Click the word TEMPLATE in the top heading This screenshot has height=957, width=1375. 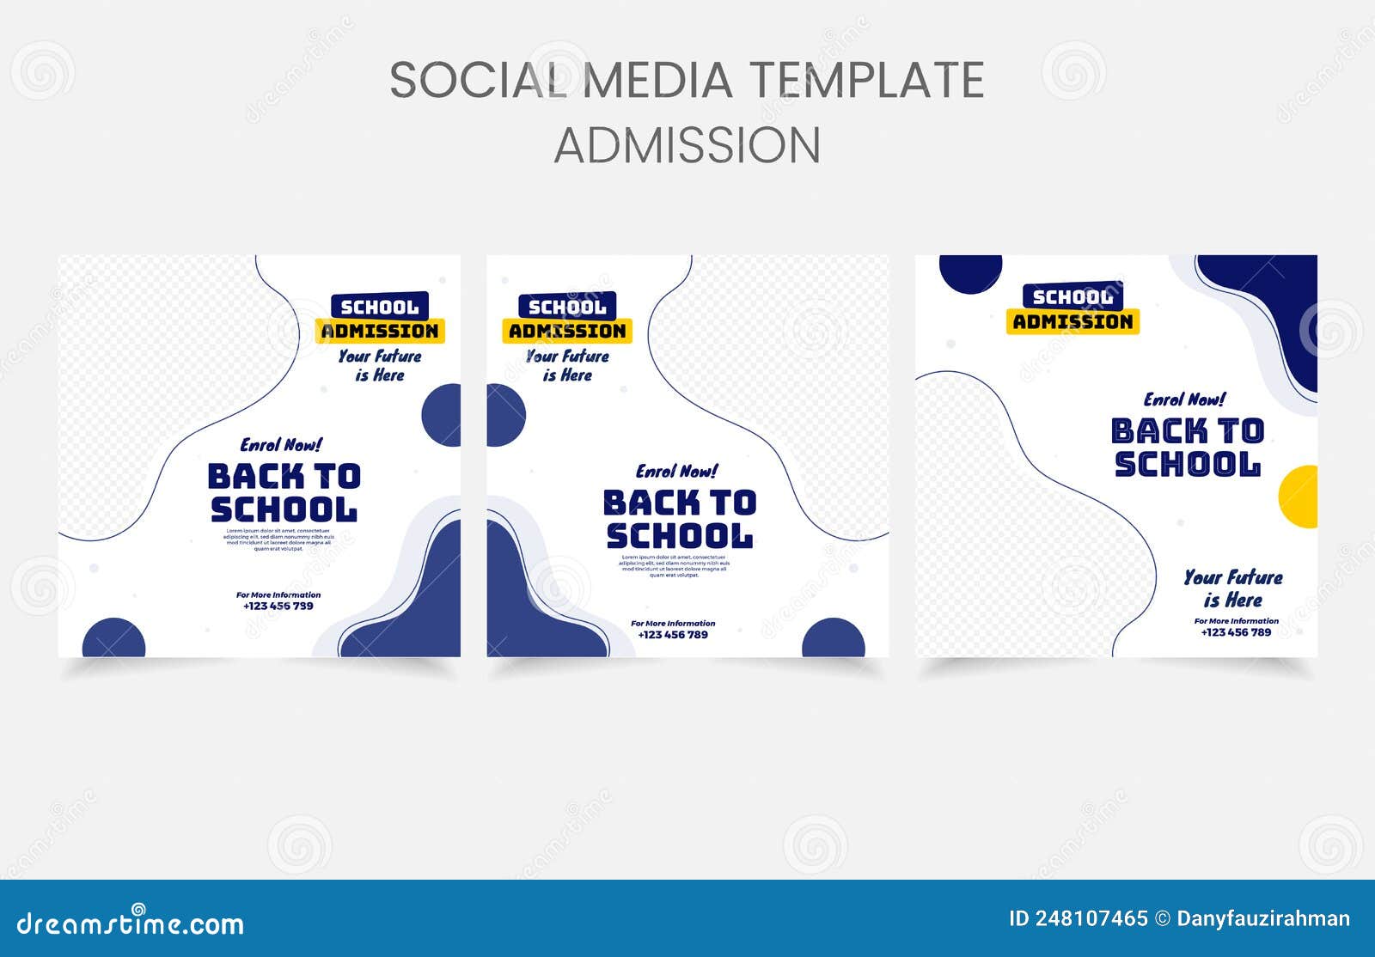(868, 80)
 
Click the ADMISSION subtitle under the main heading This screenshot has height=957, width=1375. (687, 145)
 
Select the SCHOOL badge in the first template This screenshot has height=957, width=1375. (380, 307)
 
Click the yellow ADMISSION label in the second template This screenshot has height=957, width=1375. (567, 331)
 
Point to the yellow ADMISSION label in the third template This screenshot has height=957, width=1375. (1072, 321)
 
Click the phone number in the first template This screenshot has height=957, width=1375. (278, 606)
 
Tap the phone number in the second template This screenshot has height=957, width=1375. (673, 635)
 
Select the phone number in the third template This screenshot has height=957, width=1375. (1236, 632)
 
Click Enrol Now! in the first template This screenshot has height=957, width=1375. (281, 445)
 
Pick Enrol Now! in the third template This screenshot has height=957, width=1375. (1184, 399)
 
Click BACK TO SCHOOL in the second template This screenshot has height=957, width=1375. (679, 519)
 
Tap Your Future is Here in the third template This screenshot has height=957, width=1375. (1232, 588)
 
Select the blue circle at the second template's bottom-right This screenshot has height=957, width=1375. (834, 640)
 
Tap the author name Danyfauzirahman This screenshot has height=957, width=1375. (1262, 919)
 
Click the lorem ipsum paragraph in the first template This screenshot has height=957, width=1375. (278, 539)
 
